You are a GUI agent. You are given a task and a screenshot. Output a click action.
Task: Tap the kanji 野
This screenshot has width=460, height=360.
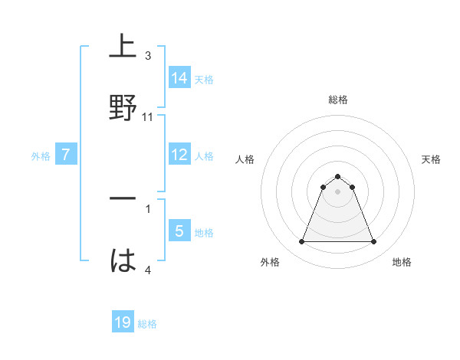click(123, 109)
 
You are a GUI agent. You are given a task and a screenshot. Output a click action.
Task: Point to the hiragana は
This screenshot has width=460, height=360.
click(123, 260)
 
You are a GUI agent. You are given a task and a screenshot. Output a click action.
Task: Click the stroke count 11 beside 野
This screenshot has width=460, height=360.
click(148, 116)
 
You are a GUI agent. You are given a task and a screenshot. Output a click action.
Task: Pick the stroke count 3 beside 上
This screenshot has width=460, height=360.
click(148, 56)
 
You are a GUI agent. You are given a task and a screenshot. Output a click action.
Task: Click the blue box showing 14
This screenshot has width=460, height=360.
click(180, 78)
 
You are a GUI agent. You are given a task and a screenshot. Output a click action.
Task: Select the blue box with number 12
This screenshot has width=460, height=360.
click(180, 155)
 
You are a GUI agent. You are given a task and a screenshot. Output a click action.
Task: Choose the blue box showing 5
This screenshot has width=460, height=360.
click(180, 231)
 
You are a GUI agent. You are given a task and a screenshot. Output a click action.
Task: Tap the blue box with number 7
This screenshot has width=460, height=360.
click(66, 155)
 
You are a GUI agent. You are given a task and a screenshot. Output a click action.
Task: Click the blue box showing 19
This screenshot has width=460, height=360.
click(123, 322)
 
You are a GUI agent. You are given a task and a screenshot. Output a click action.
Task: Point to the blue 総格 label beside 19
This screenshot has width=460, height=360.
click(147, 324)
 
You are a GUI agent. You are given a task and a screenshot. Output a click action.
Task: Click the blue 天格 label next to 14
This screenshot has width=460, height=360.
click(204, 80)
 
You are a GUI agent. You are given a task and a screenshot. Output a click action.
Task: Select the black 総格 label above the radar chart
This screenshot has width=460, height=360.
click(338, 100)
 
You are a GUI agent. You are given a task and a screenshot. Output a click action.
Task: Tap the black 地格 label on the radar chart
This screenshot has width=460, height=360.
click(402, 262)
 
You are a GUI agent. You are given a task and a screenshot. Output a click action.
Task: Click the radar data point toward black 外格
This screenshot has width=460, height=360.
click(301, 242)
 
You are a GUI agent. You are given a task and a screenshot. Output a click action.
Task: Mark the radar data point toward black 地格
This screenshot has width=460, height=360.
click(374, 242)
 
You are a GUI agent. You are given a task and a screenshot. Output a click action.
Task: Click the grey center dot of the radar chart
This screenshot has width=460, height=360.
click(338, 191)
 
